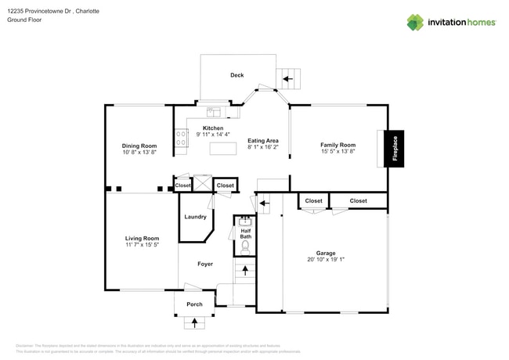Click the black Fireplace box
click(395, 148)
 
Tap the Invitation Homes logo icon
click(414, 23)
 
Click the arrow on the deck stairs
click(287, 78)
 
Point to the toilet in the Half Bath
click(245, 247)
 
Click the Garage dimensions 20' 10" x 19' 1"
click(326, 260)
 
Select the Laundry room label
click(195, 217)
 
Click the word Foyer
click(205, 265)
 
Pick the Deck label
click(236, 75)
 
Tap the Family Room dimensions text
click(338, 151)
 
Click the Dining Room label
click(139, 146)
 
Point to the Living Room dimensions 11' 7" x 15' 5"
click(142, 245)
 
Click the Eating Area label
click(263, 140)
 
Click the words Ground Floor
click(24, 20)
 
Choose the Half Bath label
click(245, 233)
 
